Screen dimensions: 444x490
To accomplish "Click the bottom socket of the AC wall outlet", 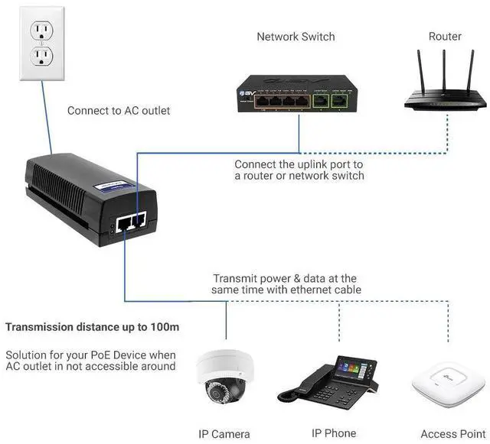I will click(x=40, y=56).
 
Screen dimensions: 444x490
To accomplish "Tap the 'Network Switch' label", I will click(x=296, y=36).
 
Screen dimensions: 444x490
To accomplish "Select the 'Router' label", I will click(x=445, y=36).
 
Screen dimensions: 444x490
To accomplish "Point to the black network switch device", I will click(x=295, y=92).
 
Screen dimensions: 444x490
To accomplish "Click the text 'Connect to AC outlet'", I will click(x=119, y=111).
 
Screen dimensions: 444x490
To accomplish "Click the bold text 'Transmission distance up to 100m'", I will click(x=93, y=327).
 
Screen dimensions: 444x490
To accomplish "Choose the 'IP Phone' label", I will click(x=334, y=433).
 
